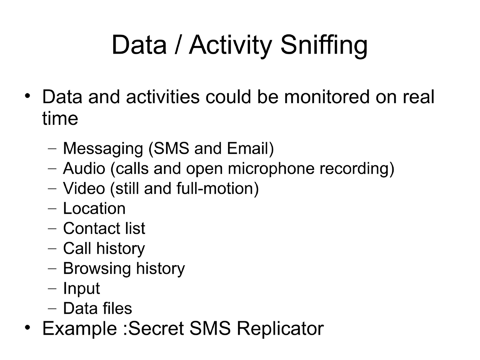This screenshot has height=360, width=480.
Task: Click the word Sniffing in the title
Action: coord(324,45)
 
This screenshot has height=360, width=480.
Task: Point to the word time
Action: coord(60,118)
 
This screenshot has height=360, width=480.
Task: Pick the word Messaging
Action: coord(103,149)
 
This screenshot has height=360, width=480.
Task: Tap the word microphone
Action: coord(271,169)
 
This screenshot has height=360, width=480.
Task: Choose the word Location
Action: coord(94,208)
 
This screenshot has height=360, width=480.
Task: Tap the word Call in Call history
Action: coord(77,248)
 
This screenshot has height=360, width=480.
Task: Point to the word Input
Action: coord(81,289)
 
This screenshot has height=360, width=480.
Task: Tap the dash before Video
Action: coord(52,189)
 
